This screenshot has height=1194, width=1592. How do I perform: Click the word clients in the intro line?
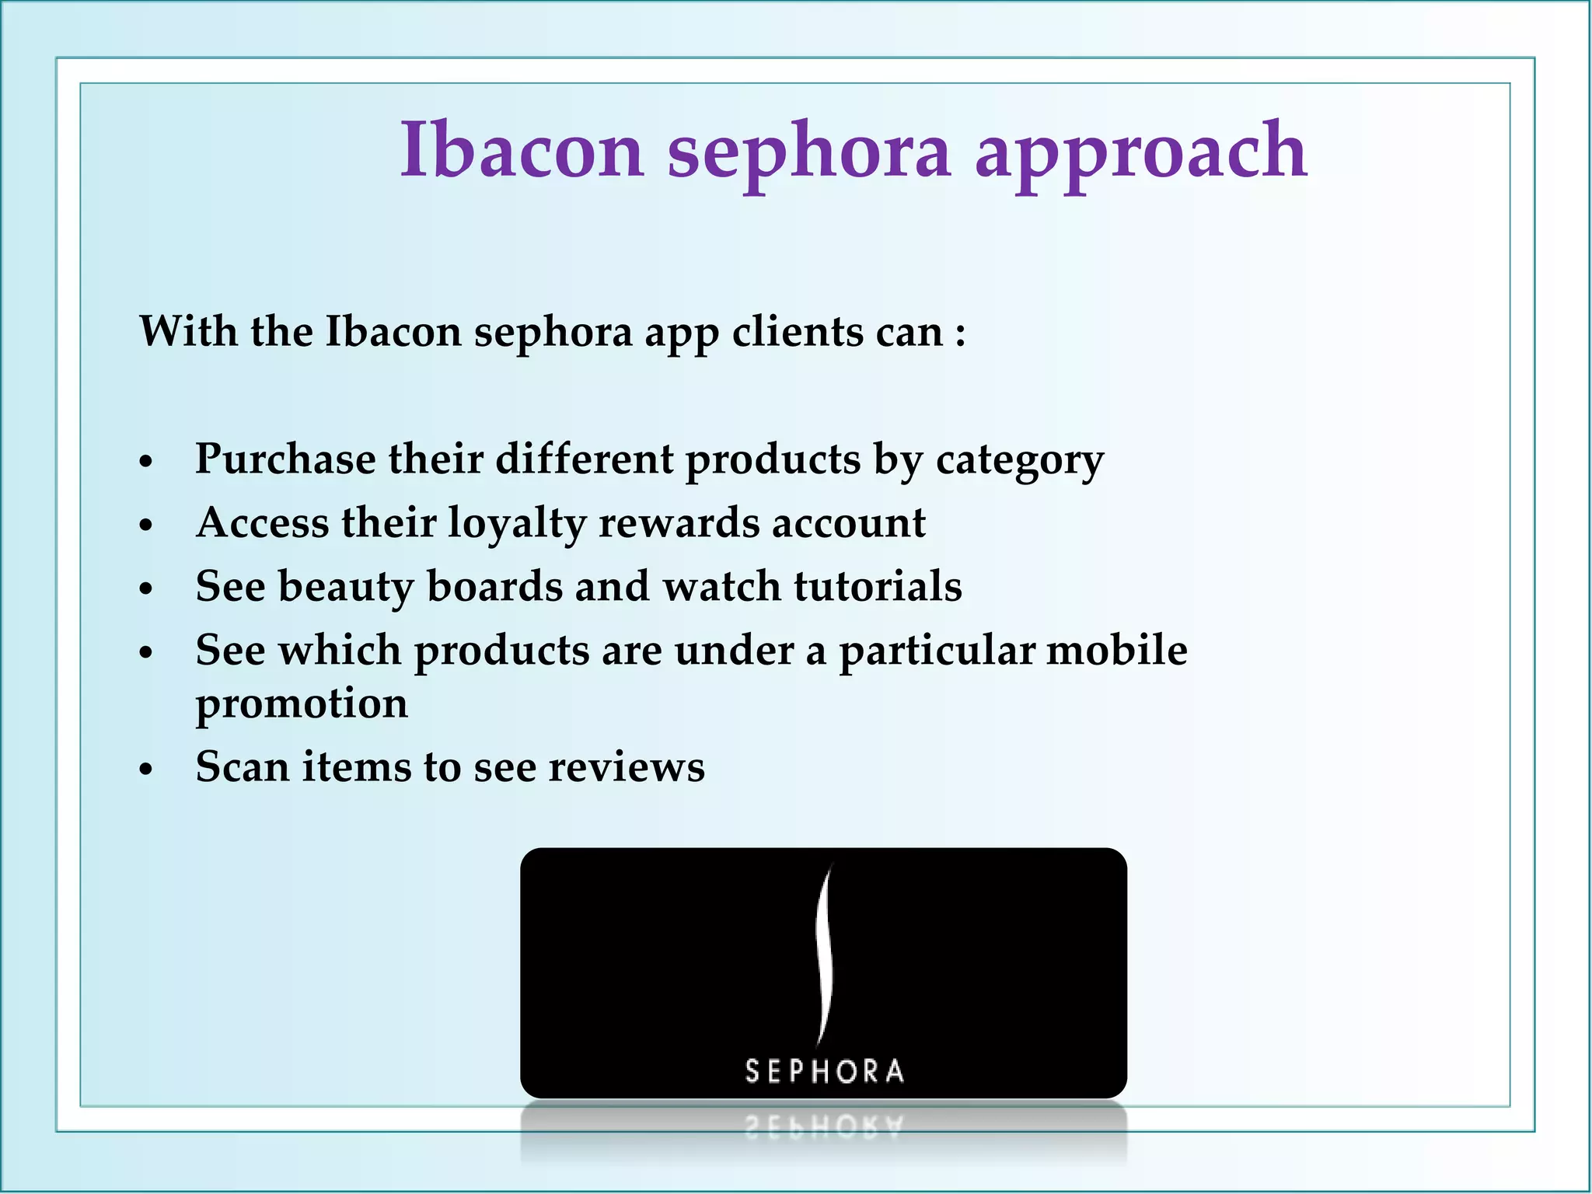[x=798, y=333]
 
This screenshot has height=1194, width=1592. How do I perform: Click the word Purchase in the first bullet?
[x=285, y=459]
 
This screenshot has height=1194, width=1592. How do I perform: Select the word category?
[x=1019, y=461]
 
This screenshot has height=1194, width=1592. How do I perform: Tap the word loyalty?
[x=516, y=523]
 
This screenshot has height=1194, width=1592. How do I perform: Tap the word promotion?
[x=301, y=704]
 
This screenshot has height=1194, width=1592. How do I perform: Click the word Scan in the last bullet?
[x=242, y=767]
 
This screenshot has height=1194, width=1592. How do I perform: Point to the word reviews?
[x=627, y=767]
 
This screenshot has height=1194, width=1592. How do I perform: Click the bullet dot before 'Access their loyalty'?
[x=146, y=526]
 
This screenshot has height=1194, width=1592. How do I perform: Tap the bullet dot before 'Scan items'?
[x=146, y=770]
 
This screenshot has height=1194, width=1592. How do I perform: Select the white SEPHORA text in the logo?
[x=824, y=1071]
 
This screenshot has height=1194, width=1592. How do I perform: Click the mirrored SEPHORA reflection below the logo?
[x=824, y=1126]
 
